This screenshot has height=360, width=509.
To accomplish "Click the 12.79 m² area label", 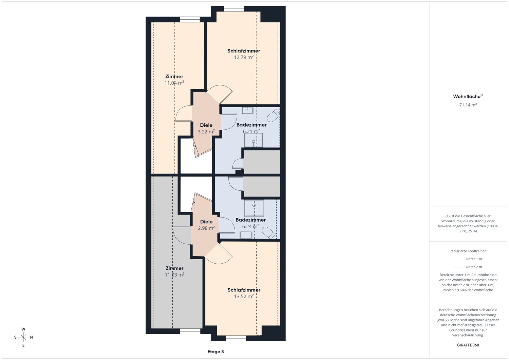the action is pos(244,57).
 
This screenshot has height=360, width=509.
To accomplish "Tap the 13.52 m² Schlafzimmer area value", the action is pos(244,296).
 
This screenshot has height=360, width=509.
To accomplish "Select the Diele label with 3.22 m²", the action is pos(206,125).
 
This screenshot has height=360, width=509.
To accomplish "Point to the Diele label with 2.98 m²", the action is pos(206,222).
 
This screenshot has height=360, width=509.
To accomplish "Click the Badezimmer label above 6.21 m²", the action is pos(251,125).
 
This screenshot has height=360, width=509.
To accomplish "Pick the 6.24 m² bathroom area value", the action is pos(251,226).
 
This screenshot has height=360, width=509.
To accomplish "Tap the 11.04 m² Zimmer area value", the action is pos(174,83).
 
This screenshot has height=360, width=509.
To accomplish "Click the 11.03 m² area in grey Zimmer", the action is pos(174,274).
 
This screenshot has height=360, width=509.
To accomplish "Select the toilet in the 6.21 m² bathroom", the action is pos(273,116).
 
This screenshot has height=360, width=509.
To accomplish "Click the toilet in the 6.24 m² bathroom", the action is pos(269,233).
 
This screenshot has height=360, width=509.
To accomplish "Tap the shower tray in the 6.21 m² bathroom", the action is pos(253,140).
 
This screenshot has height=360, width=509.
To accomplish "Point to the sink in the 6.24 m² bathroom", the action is pos(246,235).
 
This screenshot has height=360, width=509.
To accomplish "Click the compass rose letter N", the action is pos(31,337).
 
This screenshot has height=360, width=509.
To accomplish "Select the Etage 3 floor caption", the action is pos(215,352).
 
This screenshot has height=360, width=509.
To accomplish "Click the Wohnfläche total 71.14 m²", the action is pos(468,105).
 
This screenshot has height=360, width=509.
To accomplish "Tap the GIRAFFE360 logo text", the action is pos(468,345).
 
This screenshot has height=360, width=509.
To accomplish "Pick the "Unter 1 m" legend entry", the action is pos(468,259).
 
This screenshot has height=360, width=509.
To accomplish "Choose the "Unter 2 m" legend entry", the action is pos(468,267).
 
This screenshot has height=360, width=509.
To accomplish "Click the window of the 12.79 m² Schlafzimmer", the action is pos(234,8).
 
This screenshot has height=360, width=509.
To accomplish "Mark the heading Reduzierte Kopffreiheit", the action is pos(468,251).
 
